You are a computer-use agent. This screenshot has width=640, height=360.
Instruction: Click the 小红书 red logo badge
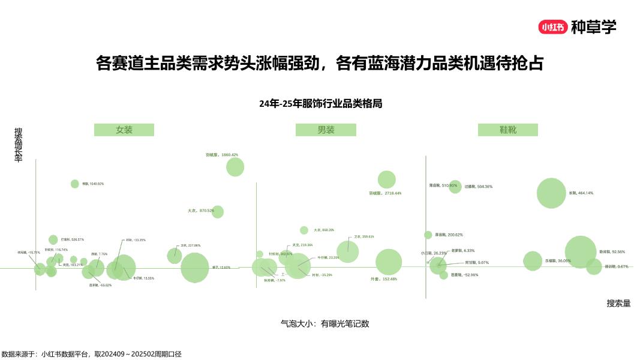pyautogui.click(x=552, y=27)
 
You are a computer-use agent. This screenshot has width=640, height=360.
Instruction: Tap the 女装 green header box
pyautogui.click(x=124, y=130)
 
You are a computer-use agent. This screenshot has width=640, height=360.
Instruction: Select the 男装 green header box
pyautogui.click(x=326, y=130)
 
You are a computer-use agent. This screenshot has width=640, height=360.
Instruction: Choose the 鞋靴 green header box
pyautogui.click(x=507, y=130)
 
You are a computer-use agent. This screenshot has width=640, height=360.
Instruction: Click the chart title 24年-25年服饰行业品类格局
pyautogui.click(x=320, y=103)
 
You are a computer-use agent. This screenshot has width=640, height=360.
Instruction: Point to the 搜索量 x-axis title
pyautogui.click(x=618, y=304)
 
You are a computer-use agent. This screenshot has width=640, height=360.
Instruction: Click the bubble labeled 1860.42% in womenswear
pyautogui.click(x=235, y=167)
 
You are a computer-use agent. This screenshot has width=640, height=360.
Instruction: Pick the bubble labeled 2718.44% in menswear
pyautogui.click(x=387, y=179)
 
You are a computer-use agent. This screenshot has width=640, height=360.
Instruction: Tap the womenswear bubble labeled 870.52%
pyautogui.click(x=218, y=212)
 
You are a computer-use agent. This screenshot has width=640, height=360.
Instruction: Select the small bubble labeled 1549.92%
pyautogui.click(x=75, y=184)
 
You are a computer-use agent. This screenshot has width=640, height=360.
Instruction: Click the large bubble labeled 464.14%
pyautogui.click(x=551, y=193)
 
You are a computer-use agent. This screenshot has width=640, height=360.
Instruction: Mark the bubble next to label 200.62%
pyautogui.click(x=428, y=235)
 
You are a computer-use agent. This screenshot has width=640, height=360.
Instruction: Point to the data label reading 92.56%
pyautogui.click(x=612, y=252)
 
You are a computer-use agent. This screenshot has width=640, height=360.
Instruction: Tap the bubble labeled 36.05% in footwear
pyautogui.click(x=532, y=261)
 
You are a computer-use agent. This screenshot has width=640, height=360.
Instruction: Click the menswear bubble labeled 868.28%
pyautogui.click(x=304, y=230)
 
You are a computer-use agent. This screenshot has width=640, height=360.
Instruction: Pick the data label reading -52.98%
pyautogui.click(x=464, y=275)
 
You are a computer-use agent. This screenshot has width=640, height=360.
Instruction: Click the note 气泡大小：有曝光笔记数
pyautogui.click(x=324, y=323)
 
